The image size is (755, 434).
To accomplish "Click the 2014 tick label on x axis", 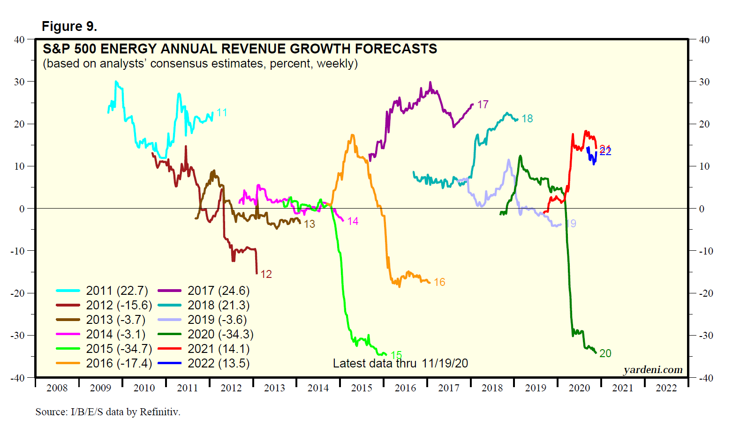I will (318, 388).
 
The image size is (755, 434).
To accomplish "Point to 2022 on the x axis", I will (666, 388).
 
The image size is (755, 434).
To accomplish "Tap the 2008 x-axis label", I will (57, 388).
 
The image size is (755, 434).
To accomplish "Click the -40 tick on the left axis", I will (18, 378).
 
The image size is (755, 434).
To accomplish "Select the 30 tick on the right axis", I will (704, 82).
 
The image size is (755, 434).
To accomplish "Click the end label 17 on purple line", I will (483, 105).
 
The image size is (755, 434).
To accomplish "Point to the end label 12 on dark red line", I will (266, 274).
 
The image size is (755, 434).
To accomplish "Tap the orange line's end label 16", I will (439, 282).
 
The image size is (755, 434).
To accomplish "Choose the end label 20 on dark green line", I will (605, 353).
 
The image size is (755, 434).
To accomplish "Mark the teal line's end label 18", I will (527, 119).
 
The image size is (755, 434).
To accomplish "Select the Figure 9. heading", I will (69, 26).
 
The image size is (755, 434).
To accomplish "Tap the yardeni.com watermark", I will (653, 370).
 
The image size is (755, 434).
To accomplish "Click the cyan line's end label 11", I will (222, 112).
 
